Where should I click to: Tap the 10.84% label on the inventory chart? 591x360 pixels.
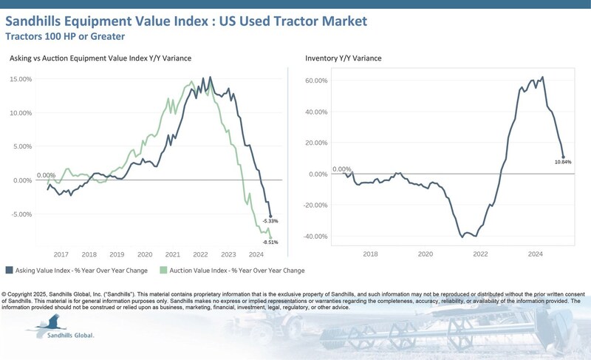[563, 163]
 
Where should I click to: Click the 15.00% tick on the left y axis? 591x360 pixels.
[20, 79]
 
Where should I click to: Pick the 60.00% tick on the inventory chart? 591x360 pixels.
[315, 81]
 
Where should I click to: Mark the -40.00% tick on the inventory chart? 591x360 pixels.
[315, 237]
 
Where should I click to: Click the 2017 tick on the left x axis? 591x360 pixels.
[61, 253]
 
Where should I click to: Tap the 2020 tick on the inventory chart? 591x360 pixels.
[425, 253]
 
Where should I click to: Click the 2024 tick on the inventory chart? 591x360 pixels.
[536, 253]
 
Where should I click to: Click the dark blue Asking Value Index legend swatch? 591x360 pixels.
[9, 270]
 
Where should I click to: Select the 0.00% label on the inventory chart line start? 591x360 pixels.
[342, 169]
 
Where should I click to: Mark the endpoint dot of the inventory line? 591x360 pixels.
[563, 157]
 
